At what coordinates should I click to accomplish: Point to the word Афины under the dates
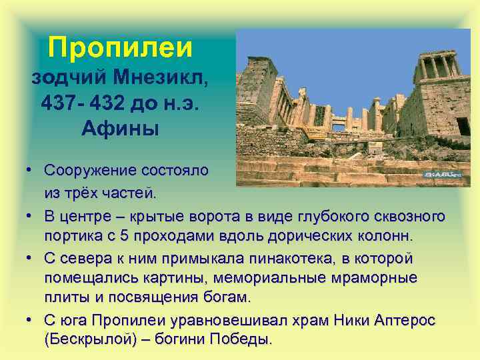click(120, 127)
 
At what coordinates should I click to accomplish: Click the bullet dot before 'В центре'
click(31, 217)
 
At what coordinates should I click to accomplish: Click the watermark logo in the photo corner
click(443, 175)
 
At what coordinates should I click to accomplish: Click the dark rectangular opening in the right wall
click(462, 126)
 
